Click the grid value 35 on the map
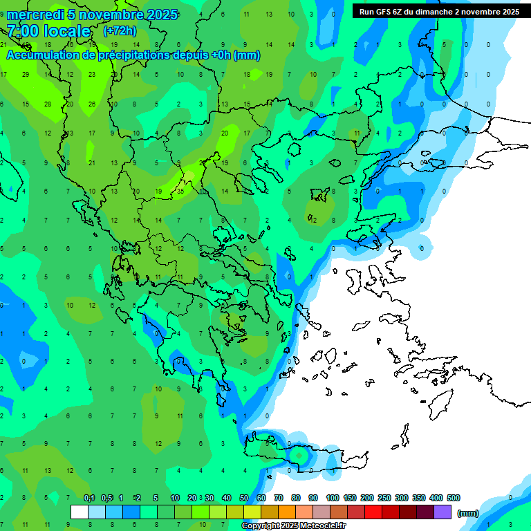pyautogui.click(x=180, y=190)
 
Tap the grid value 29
pyautogui.click(x=26, y=74)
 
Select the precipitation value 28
pyautogui.click(x=48, y=104)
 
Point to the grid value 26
pyautogui.click(x=92, y=104)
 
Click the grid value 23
pyautogui.click(x=92, y=74)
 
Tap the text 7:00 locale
pyautogui.click(x=48, y=31)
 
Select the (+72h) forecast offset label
pyautogui.click(x=120, y=31)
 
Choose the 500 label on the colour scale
pyautogui.click(x=454, y=498)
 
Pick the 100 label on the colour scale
pyautogui.click(x=333, y=498)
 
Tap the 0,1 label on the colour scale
pyautogui.click(x=89, y=498)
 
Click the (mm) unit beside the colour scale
pyautogui.click(x=468, y=513)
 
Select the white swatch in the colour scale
pyautogui.click(x=80, y=512)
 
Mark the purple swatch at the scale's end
pyautogui.click(x=442, y=512)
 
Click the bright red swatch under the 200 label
pyautogui.click(x=373, y=512)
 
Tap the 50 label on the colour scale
pyautogui.click(x=244, y=498)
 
